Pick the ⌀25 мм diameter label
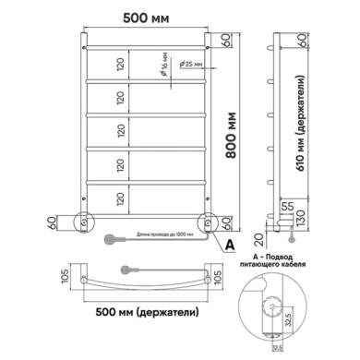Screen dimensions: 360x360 point(191,65)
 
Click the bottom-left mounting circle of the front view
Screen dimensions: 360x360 point(84,222)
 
